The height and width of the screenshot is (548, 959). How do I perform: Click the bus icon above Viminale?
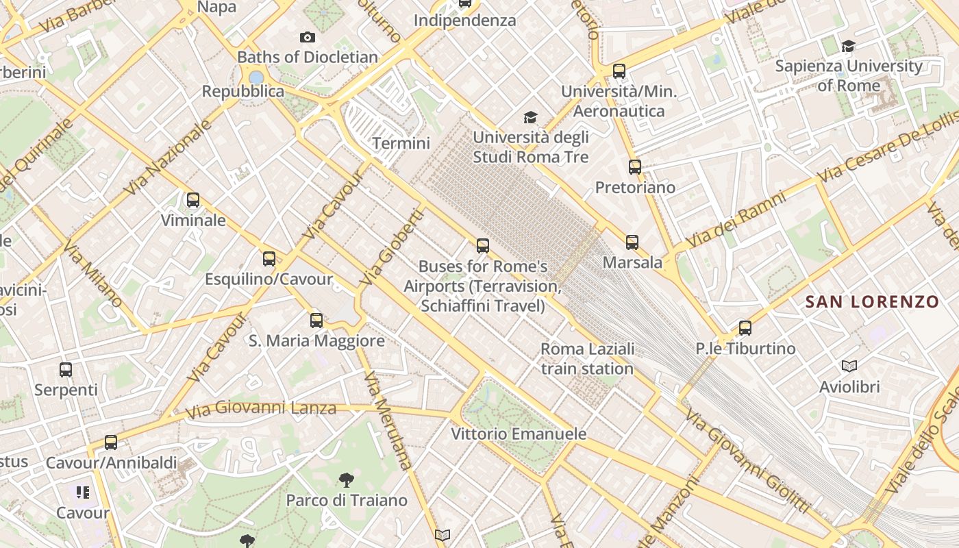193,200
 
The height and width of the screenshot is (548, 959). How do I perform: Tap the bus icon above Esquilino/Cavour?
269,259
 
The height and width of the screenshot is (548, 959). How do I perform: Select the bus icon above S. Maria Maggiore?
316,320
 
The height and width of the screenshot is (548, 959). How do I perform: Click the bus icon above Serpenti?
66,370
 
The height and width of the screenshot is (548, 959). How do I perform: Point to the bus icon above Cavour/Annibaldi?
111,443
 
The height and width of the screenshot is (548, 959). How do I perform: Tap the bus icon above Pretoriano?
635,166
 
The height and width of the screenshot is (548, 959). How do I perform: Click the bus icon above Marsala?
632,242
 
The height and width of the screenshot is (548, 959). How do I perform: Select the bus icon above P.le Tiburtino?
745,328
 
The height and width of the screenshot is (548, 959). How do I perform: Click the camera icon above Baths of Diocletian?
308,37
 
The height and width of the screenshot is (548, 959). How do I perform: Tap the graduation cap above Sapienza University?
849,46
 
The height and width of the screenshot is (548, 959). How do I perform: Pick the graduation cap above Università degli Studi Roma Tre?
530,118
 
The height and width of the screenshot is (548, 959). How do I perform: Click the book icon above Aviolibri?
849,366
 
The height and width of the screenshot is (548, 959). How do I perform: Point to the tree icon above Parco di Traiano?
347,480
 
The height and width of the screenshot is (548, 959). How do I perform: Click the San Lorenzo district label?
871,301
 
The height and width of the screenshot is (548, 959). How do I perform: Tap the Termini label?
401,143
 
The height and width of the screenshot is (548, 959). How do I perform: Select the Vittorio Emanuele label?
519,434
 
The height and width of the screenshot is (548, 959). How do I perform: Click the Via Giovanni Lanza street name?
262,409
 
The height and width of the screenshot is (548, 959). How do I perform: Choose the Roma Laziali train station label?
587,359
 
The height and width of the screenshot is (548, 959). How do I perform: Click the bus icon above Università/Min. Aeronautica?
619,71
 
